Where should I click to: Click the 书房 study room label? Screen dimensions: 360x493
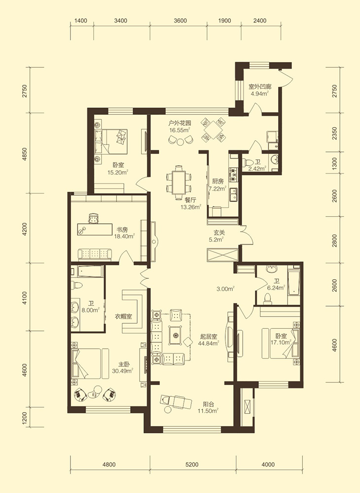tap(123, 229)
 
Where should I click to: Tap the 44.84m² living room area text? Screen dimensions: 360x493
tap(209, 343)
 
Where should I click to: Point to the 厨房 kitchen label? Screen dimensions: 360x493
tap(217, 181)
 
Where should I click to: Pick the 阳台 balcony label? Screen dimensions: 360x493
tap(209, 404)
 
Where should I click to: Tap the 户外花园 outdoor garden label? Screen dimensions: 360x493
tap(180, 123)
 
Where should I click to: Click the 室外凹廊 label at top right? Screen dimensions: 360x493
tap(260, 86)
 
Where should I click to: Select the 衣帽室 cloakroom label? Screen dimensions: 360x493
tap(123, 317)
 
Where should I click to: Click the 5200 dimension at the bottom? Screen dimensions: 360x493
tap(192, 464)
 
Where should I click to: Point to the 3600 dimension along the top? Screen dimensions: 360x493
tap(180, 21)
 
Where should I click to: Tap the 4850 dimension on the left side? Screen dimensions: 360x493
tap(25, 154)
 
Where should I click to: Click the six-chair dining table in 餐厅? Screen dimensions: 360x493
tap(179, 182)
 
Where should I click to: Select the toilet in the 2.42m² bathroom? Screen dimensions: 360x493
tap(248, 163)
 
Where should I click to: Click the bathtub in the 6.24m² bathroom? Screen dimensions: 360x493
tap(293, 282)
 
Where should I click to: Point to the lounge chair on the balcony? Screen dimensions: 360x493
tap(176, 401)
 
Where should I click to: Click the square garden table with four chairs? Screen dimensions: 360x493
tap(214, 129)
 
